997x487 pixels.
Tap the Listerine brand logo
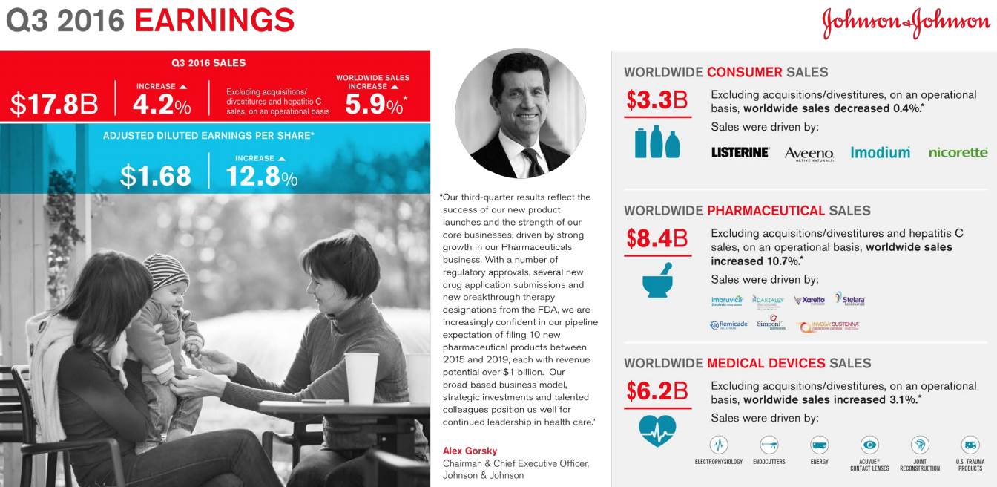click(x=740, y=152)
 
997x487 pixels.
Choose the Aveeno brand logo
click(x=809, y=154)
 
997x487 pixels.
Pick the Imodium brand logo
click(x=880, y=152)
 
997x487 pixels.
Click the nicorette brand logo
click(x=958, y=152)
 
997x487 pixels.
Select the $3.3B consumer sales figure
click(x=657, y=100)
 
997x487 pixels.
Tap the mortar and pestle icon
click(x=657, y=281)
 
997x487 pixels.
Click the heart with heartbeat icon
click(x=657, y=430)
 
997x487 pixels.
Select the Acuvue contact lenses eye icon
click(x=869, y=445)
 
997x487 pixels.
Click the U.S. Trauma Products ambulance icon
click(x=970, y=445)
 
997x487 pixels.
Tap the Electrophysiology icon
click(x=718, y=445)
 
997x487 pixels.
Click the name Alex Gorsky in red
click(x=470, y=451)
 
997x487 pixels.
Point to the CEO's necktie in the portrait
click(x=532, y=160)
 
